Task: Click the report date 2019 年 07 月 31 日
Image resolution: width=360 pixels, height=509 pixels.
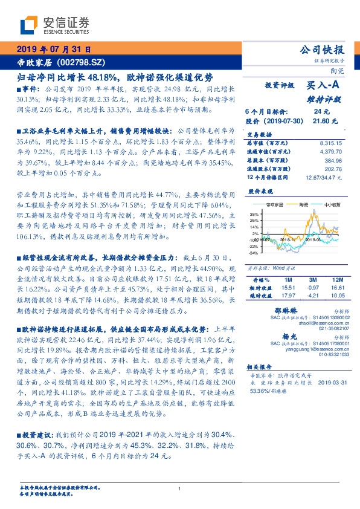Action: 53,50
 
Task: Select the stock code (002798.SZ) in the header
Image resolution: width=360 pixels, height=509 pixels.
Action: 82,63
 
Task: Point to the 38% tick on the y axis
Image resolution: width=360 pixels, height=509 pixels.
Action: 253,215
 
